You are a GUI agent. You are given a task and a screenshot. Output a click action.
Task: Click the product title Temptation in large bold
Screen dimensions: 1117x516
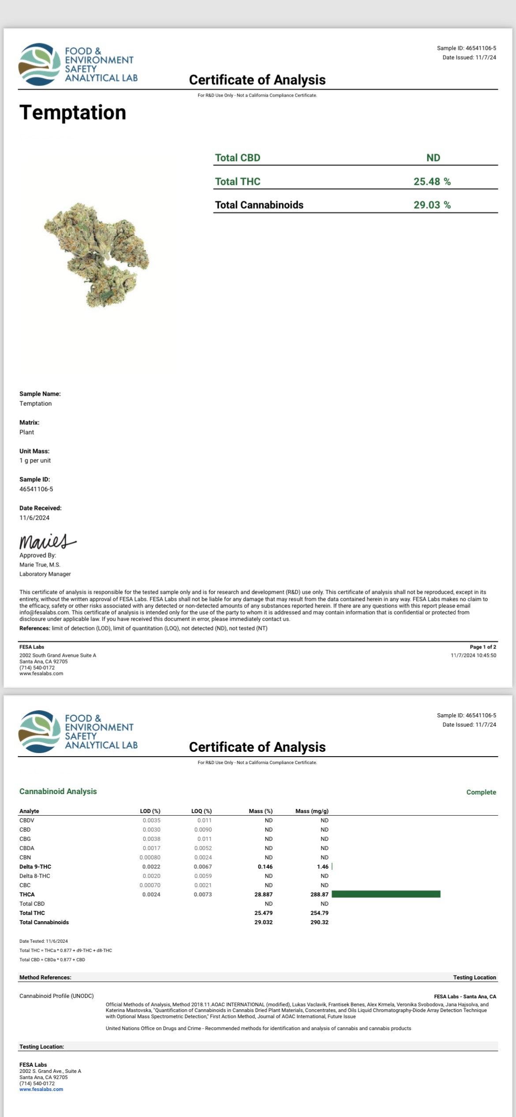[x=73, y=112]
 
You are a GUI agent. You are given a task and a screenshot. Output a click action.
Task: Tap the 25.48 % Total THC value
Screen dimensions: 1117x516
[x=432, y=181]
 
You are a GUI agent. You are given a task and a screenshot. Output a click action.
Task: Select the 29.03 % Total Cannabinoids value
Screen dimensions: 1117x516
[x=432, y=205]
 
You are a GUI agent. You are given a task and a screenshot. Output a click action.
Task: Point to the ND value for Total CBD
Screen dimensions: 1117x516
[x=433, y=157]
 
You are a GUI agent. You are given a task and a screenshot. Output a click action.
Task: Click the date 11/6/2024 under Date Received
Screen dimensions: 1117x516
[x=34, y=517]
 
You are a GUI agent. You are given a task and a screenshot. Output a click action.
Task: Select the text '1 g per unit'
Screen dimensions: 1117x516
[x=35, y=460]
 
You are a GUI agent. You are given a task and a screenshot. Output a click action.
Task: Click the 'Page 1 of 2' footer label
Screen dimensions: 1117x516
[x=483, y=647]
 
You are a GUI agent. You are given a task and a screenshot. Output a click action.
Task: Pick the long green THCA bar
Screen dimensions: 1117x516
[x=386, y=894]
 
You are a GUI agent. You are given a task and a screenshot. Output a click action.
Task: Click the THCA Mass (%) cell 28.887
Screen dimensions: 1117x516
[x=263, y=894]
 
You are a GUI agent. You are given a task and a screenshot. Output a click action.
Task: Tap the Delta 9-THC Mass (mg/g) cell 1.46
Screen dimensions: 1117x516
[x=322, y=866]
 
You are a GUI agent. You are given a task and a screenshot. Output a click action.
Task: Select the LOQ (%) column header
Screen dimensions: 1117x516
[x=202, y=811]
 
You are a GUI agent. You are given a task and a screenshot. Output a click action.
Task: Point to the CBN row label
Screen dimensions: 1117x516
[x=25, y=857]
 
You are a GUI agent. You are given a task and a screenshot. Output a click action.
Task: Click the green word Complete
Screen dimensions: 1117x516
[x=481, y=792]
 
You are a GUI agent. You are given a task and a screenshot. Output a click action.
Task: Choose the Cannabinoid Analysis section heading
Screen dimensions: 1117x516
[x=58, y=791]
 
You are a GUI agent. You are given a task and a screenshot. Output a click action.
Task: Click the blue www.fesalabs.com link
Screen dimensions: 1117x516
[x=41, y=1089]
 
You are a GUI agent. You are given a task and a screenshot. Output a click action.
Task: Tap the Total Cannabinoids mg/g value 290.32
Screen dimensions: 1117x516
[x=319, y=922]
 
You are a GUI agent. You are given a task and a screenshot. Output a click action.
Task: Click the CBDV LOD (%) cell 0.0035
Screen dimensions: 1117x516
[x=151, y=820]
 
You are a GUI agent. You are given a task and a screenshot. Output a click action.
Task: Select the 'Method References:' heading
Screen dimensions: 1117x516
[x=45, y=977]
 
